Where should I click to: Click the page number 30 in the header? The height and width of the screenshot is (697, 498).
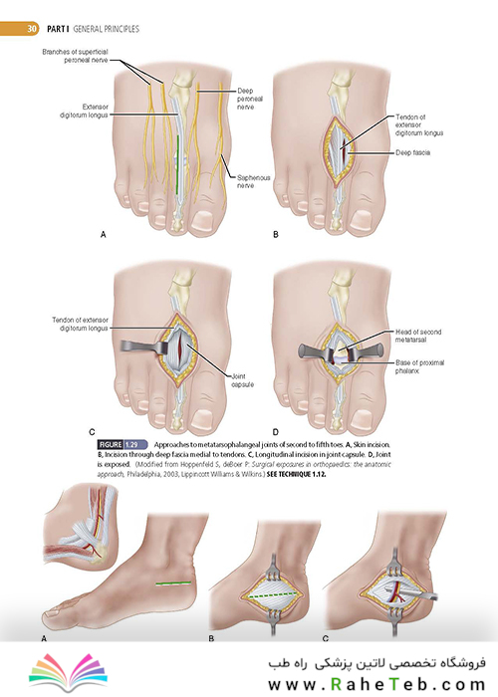click(x=31, y=29)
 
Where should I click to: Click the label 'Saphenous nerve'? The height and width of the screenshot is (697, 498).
click(x=253, y=181)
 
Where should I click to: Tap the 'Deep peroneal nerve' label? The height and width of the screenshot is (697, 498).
click(x=249, y=99)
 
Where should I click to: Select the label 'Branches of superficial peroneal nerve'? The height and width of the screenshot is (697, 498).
click(x=75, y=56)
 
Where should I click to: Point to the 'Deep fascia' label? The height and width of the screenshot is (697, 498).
click(x=412, y=152)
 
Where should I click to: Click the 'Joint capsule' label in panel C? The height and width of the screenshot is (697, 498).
click(x=242, y=380)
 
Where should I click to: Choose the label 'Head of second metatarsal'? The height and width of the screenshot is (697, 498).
click(x=418, y=336)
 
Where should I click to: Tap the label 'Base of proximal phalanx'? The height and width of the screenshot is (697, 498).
click(x=419, y=366)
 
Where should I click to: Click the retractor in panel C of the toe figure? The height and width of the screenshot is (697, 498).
click(x=142, y=347)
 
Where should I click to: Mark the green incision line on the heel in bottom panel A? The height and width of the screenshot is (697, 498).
click(x=173, y=583)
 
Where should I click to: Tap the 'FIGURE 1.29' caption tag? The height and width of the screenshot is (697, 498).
click(x=123, y=444)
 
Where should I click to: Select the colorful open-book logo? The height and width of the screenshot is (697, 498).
click(x=68, y=672)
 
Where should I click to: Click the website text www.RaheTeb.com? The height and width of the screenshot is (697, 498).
click(x=376, y=684)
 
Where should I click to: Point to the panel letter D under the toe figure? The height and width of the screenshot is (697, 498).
click(x=276, y=432)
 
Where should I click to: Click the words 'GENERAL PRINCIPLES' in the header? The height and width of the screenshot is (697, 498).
click(x=106, y=29)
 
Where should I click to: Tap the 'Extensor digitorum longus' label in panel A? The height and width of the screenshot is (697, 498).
click(x=84, y=111)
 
